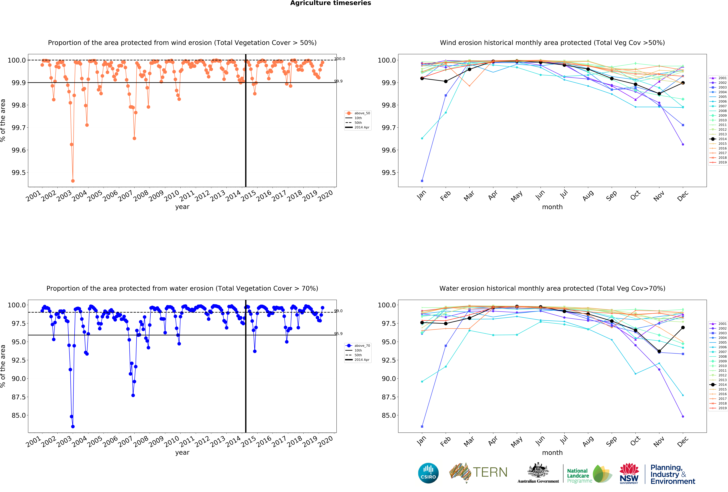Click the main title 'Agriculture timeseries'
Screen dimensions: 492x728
click(x=330, y=3)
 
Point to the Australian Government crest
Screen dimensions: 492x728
click(x=538, y=470)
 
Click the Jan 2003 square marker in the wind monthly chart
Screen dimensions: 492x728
click(x=422, y=181)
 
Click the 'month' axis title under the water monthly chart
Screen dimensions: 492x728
click(x=552, y=452)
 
